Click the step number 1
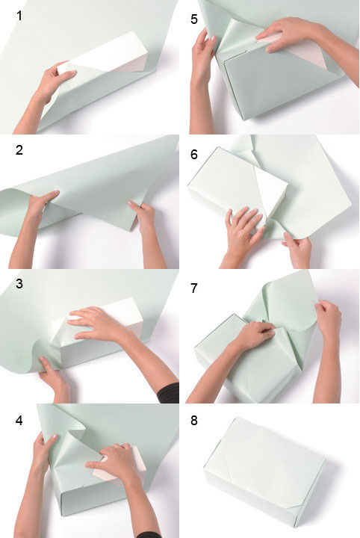(19, 16)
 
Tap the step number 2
(19, 150)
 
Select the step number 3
(19, 284)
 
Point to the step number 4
(19, 420)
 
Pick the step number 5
(194, 19)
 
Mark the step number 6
(194, 155)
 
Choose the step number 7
(194, 288)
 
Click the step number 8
(194, 421)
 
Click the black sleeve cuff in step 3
(169, 393)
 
